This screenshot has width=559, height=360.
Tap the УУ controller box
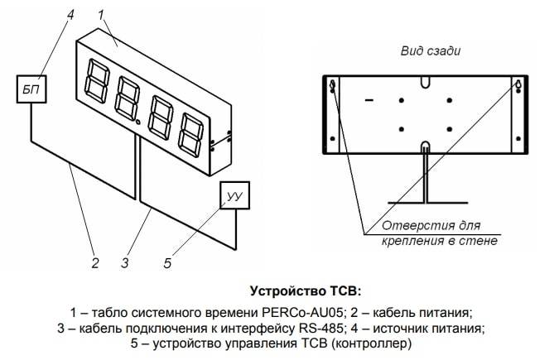233,196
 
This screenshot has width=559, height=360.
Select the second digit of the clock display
127,101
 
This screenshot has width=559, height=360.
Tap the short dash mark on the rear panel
369,101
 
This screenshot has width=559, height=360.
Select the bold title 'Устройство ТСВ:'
306,291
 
